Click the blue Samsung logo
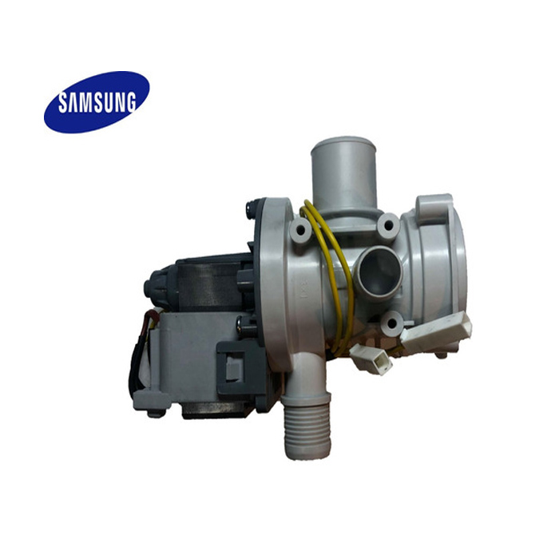[97, 101]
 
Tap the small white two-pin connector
[374, 361]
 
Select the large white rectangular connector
[435, 330]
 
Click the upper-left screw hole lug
[300, 230]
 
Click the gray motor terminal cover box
[176, 359]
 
